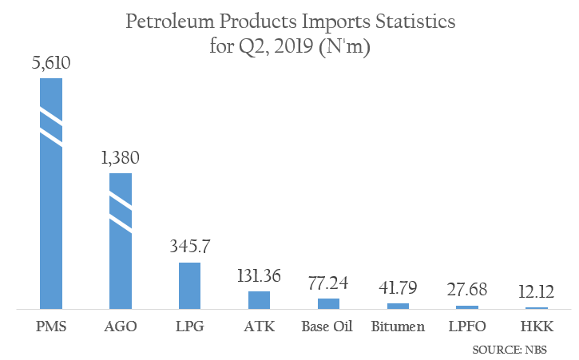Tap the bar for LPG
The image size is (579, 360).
(x=189, y=285)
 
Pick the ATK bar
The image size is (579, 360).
(x=260, y=300)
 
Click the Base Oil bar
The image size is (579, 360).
(x=328, y=303)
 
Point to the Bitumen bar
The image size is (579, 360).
(x=398, y=306)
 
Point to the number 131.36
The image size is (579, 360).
(x=260, y=277)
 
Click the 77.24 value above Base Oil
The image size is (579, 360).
(x=329, y=284)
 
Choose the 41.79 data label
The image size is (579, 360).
(x=398, y=289)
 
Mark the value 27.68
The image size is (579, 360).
(x=467, y=291)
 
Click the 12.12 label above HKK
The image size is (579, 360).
(x=537, y=293)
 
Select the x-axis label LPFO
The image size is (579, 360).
(x=467, y=327)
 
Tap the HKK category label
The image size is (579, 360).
(x=537, y=327)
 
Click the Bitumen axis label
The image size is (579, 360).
(x=398, y=327)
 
